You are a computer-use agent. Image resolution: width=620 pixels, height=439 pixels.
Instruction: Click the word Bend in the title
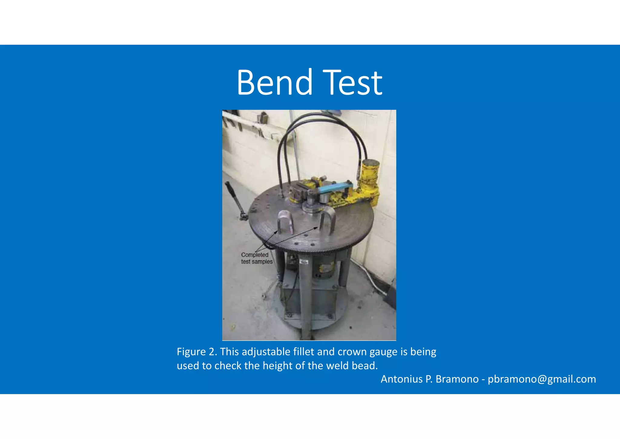click(x=274, y=82)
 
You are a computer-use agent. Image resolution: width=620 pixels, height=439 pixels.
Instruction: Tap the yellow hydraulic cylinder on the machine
click(x=369, y=179)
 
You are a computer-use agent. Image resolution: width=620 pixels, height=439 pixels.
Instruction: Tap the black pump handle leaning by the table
click(x=236, y=200)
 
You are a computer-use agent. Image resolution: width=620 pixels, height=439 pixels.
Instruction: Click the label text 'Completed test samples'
click(x=256, y=258)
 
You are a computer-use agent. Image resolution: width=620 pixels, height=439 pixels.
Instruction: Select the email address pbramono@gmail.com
click(x=542, y=379)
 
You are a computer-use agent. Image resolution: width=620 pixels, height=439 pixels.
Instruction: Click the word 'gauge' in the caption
click(x=384, y=352)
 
